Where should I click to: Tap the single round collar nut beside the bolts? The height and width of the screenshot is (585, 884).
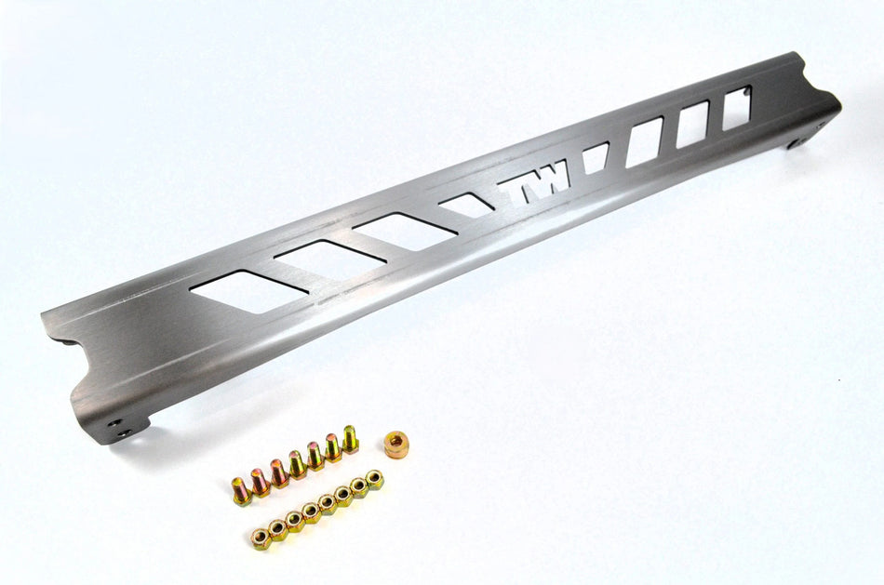(x=396, y=441)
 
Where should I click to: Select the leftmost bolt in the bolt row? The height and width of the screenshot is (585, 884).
(x=241, y=490)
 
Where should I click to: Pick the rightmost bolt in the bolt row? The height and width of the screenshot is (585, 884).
(x=350, y=437)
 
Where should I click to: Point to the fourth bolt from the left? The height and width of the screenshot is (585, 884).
(x=297, y=463)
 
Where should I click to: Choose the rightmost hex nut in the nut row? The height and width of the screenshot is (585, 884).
(x=374, y=480)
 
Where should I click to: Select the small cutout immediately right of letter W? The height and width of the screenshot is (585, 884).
(x=594, y=157)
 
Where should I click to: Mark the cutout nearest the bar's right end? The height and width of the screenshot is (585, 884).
(x=737, y=107)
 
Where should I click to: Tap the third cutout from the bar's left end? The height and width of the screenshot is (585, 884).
(x=402, y=226)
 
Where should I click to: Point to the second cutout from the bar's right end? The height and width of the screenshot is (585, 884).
(x=692, y=124)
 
